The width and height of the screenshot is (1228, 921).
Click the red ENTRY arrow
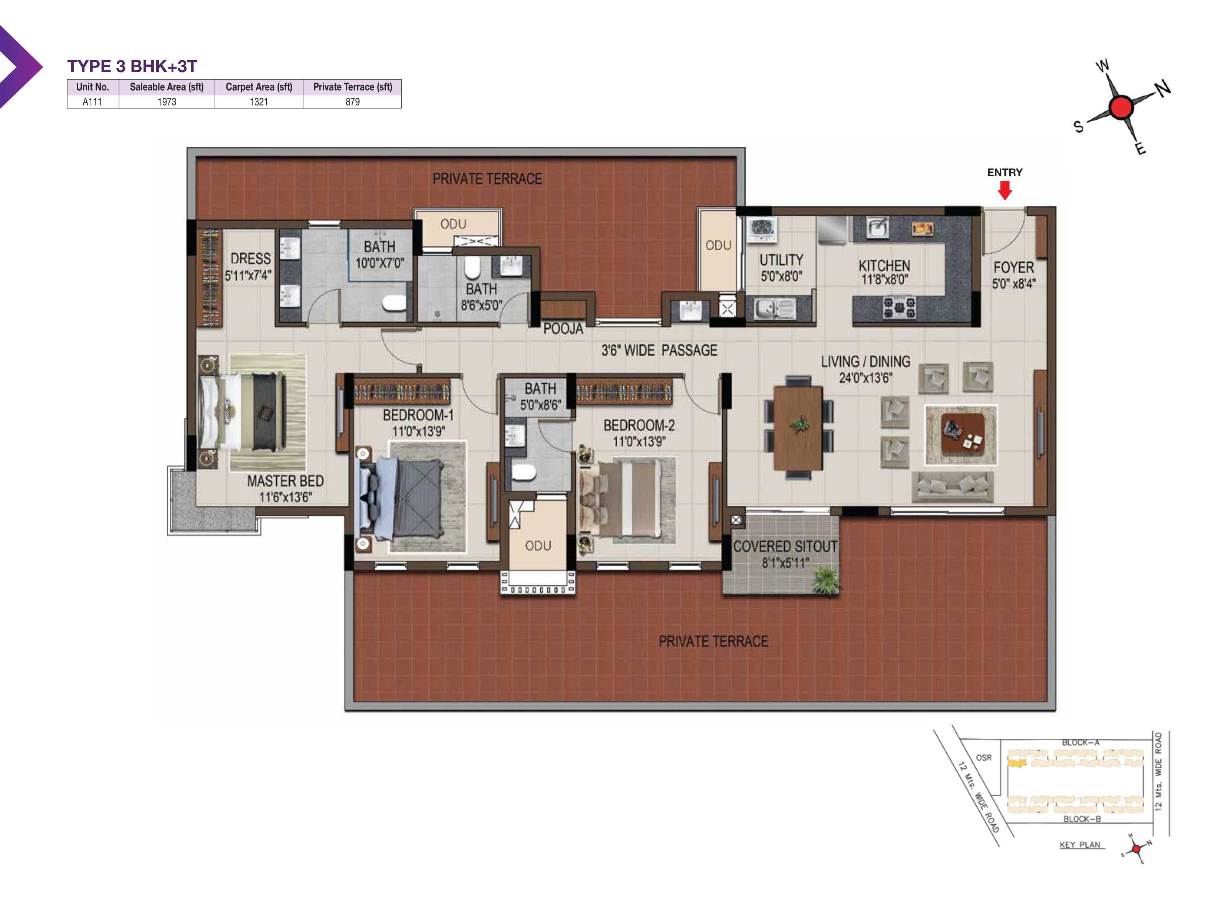pyautogui.click(x=1005, y=190)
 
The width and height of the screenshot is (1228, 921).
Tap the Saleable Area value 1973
pyautogui.click(x=167, y=102)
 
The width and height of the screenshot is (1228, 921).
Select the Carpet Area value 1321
pyautogui.click(x=259, y=102)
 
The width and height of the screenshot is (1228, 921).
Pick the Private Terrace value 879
pyautogui.click(x=353, y=102)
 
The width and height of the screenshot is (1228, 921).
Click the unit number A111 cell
pyautogui.click(x=92, y=102)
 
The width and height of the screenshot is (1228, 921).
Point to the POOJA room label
pyautogui.click(x=563, y=328)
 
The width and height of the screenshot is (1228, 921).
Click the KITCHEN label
pyautogui.click(x=885, y=266)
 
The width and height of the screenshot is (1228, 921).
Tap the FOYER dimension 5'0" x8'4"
pyautogui.click(x=1014, y=284)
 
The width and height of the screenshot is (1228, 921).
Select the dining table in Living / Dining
pyautogui.click(x=798, y=427)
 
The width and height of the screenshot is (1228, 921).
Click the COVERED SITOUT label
pyautogui.click(x=785, y=546)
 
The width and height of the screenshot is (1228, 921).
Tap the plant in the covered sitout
pyautogui.click(x=826, y=581)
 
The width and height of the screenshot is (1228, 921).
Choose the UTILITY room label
pyautogui.click(x=781, y=260)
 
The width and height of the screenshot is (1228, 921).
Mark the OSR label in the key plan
pyautogui.click(x=984, y=757)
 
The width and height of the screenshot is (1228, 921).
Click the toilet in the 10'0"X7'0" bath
pyautogui.click(x=394, y=303)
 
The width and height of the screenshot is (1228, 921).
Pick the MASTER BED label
pyautogui.click(x=286, y=481)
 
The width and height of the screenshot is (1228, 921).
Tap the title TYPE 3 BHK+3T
pyautogui.click(x=132, y=66)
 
